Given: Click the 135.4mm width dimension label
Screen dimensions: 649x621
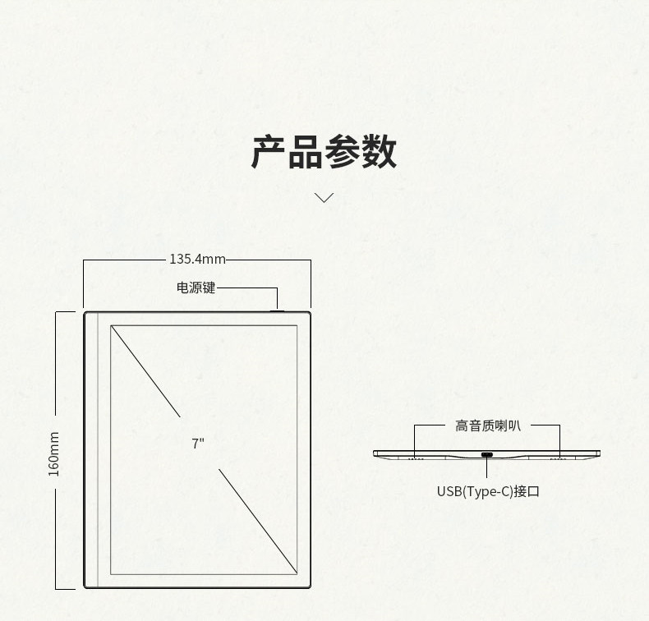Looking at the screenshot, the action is (x=197, y=260).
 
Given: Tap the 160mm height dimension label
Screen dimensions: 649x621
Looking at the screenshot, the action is (x=54, y=453).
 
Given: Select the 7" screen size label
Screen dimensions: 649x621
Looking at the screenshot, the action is (x=198, y=444).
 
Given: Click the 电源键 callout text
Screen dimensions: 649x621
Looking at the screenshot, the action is (x=196, y=288).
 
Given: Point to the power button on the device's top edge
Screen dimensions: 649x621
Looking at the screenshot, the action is (x=277, y=310).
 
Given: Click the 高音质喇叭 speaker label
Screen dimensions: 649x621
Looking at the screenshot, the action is (x=487, y=425).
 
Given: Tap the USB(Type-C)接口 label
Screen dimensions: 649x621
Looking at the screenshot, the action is (x=488, y=492).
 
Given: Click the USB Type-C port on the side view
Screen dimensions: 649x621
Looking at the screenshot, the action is (x=487, y=455).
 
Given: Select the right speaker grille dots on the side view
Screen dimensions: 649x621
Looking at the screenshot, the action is (x=559, y=458).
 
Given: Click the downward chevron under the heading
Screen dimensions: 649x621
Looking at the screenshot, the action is (x=324, y=197).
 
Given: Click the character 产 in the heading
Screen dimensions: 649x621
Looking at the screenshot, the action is (x=269, y=152).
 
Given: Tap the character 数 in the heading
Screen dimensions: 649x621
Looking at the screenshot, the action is (x=379, y=152).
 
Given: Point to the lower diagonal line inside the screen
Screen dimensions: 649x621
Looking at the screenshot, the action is (x=257, y=519).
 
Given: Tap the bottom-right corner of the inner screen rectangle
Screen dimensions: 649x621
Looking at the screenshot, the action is (x=297, y=573).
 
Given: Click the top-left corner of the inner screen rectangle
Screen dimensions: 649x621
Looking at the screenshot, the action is (x=111, y=326).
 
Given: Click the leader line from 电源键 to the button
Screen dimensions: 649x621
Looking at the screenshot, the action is (x=246, y=288).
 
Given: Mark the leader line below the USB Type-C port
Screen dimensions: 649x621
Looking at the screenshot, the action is (x=487, y=469).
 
